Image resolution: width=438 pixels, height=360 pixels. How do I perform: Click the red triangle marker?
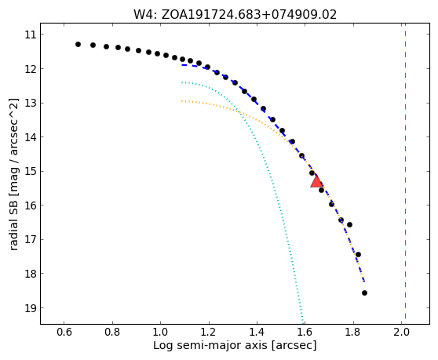[x=316, y=181]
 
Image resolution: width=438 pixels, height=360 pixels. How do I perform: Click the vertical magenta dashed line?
[x=405, y=173]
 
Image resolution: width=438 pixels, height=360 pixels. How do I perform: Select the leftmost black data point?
[x=78, y=44]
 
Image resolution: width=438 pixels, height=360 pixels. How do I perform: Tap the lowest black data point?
[x=364, y=293]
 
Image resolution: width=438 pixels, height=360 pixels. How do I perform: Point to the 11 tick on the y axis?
[x=41, y=35]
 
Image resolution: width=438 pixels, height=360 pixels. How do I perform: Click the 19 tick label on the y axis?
[x=31, y=307]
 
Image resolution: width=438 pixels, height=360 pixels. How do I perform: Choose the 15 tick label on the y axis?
[x=31, y=171]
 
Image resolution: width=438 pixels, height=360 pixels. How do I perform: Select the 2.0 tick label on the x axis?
[x=401, y=332]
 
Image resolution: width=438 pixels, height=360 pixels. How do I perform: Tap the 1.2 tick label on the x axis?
[x=209, y=332]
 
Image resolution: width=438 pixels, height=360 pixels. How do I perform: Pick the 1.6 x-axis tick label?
[x=305, y=332]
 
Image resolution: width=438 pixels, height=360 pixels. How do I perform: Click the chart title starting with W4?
[x=235, y=15]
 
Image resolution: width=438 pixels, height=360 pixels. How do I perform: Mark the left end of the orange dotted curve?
[x=182, y=100]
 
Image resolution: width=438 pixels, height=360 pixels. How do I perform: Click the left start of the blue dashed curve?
[x=182, y=65]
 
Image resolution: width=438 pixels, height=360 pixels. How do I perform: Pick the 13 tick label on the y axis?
[x=31, y=103]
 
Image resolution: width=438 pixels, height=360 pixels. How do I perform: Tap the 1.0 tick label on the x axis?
[x=161, y=332]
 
